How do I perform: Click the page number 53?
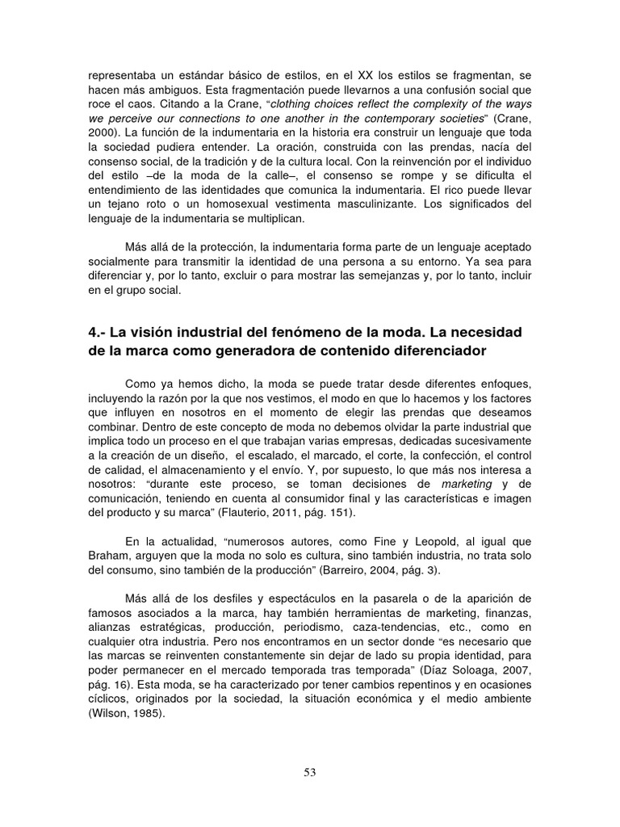click(310, 772)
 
